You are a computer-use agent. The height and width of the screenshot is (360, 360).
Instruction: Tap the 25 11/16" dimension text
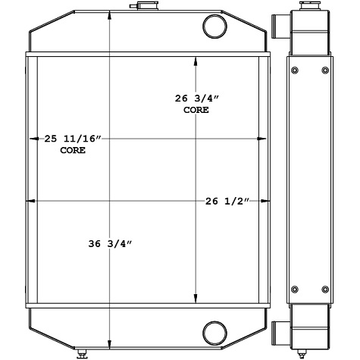(73, 139)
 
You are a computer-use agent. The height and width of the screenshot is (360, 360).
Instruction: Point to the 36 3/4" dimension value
(111, 243)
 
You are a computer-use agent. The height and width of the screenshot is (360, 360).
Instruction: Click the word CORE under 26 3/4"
(196, 110)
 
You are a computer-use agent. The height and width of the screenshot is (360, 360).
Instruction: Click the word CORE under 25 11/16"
(73, 150)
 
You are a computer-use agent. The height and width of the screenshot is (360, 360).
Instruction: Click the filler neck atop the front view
(140, 7)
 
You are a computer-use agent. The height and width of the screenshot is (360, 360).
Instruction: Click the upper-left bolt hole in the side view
(294, 71)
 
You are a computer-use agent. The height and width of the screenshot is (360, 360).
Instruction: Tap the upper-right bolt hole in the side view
(326, 71)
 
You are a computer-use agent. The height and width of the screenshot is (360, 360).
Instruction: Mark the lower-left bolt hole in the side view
(294, 289)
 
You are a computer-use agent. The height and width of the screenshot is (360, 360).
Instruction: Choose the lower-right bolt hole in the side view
(326, 289)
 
